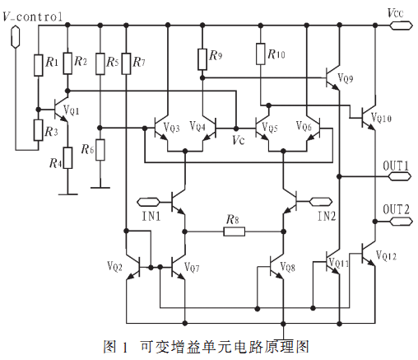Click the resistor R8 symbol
pyautogui.click(x=235, y=231)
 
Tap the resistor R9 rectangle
pyautogui.click(x=202, y=59)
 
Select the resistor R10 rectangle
pyautogui.click(x=261, y=54)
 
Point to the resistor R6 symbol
pyautogui.click(x=100, y=150)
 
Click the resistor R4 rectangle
pyautogui.click(x=67, y=158)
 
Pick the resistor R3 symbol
pyautogui.click(x=39, y=130)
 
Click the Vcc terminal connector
pyautogui.click(x=401, y=26)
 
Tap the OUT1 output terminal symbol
pyautogui.click(x=400, y=176)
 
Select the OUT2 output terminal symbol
pyautogui.click(x=401, y=222)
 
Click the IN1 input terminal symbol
pyautogui.click(x=148, y=202)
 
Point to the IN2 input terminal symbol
pyautogui.click(x=321, y=202)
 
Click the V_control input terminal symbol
pyautogui.click(x=15, y=37)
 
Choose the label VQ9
pyautogui.click(x=345, y=78)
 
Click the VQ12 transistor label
pyautogui.click(x=386, y=255)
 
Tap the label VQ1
pyautogui.click(x=72, y=110)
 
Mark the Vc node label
pyautogui.click(x=238, y=140)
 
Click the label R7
pyautogui.click(x=139, y=62)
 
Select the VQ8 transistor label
pyautogui.click(x=288, y=267)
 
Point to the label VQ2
pyautogui.click(x=114, y=267)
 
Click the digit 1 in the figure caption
pyautogui.click(x=124, y=348)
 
